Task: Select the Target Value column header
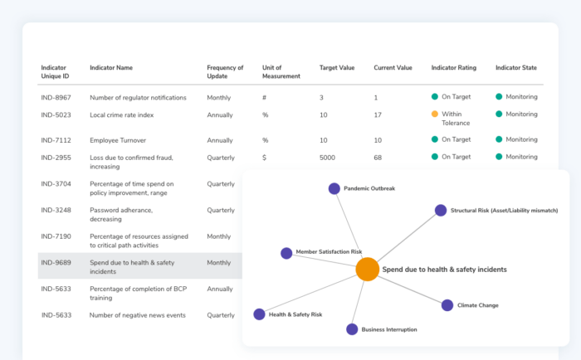[337, 67]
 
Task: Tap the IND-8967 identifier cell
[56, 97]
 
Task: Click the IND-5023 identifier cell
[56, 114]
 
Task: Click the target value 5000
[328, 157]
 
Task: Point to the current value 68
[378, 157]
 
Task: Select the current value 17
[378, 114]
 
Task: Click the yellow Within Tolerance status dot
[434, 114]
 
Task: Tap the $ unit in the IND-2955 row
[264, 157]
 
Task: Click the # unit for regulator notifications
[264, 97]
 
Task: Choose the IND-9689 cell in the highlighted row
[56, 262]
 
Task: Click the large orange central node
[368, 269]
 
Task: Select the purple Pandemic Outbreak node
[334, 188]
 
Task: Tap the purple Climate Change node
[447, 305]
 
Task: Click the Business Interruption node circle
[352, 329]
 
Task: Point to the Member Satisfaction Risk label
[329, 251]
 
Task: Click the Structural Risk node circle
[441, 211]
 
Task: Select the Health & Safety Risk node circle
[259, 314]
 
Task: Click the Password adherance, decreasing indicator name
[121, 214]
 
